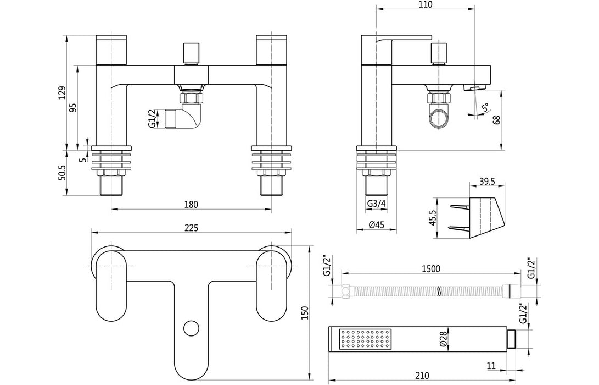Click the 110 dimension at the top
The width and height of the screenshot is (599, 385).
click(x=425, y=5)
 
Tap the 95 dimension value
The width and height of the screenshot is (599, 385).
click(x=74, y=107)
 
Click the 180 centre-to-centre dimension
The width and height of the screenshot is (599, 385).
click(x=191, y=204)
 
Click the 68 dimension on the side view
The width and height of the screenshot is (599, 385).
click(x=497, y=120)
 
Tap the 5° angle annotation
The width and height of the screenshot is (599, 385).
click(x=483, y=108)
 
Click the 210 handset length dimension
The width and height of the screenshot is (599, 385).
click(x=422, y=376)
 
